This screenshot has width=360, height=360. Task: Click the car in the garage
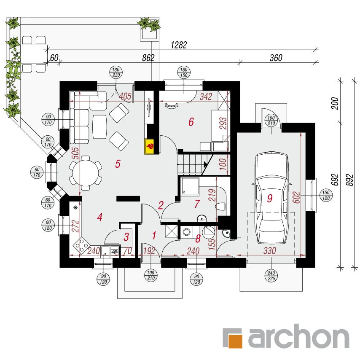[271, 197]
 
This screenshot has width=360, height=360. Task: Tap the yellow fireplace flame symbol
[149, 146]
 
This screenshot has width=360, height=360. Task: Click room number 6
[191, 122]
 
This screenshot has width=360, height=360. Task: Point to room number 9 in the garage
[270, 198]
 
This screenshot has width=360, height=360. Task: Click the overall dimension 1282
[179, 45]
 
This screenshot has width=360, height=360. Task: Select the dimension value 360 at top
[276, 58]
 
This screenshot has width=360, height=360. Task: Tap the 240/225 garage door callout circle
[271, 276]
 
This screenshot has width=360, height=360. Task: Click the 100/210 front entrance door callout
[150, 276]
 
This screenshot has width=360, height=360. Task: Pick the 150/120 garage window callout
[326, 195]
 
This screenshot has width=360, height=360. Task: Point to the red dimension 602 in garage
[296, 197]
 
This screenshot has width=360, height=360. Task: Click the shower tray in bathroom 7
[190, 186]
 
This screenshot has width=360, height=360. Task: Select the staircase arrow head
[205, 164]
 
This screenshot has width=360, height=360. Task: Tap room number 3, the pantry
[126, 237]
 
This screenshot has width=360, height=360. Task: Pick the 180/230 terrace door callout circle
[116, 73]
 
